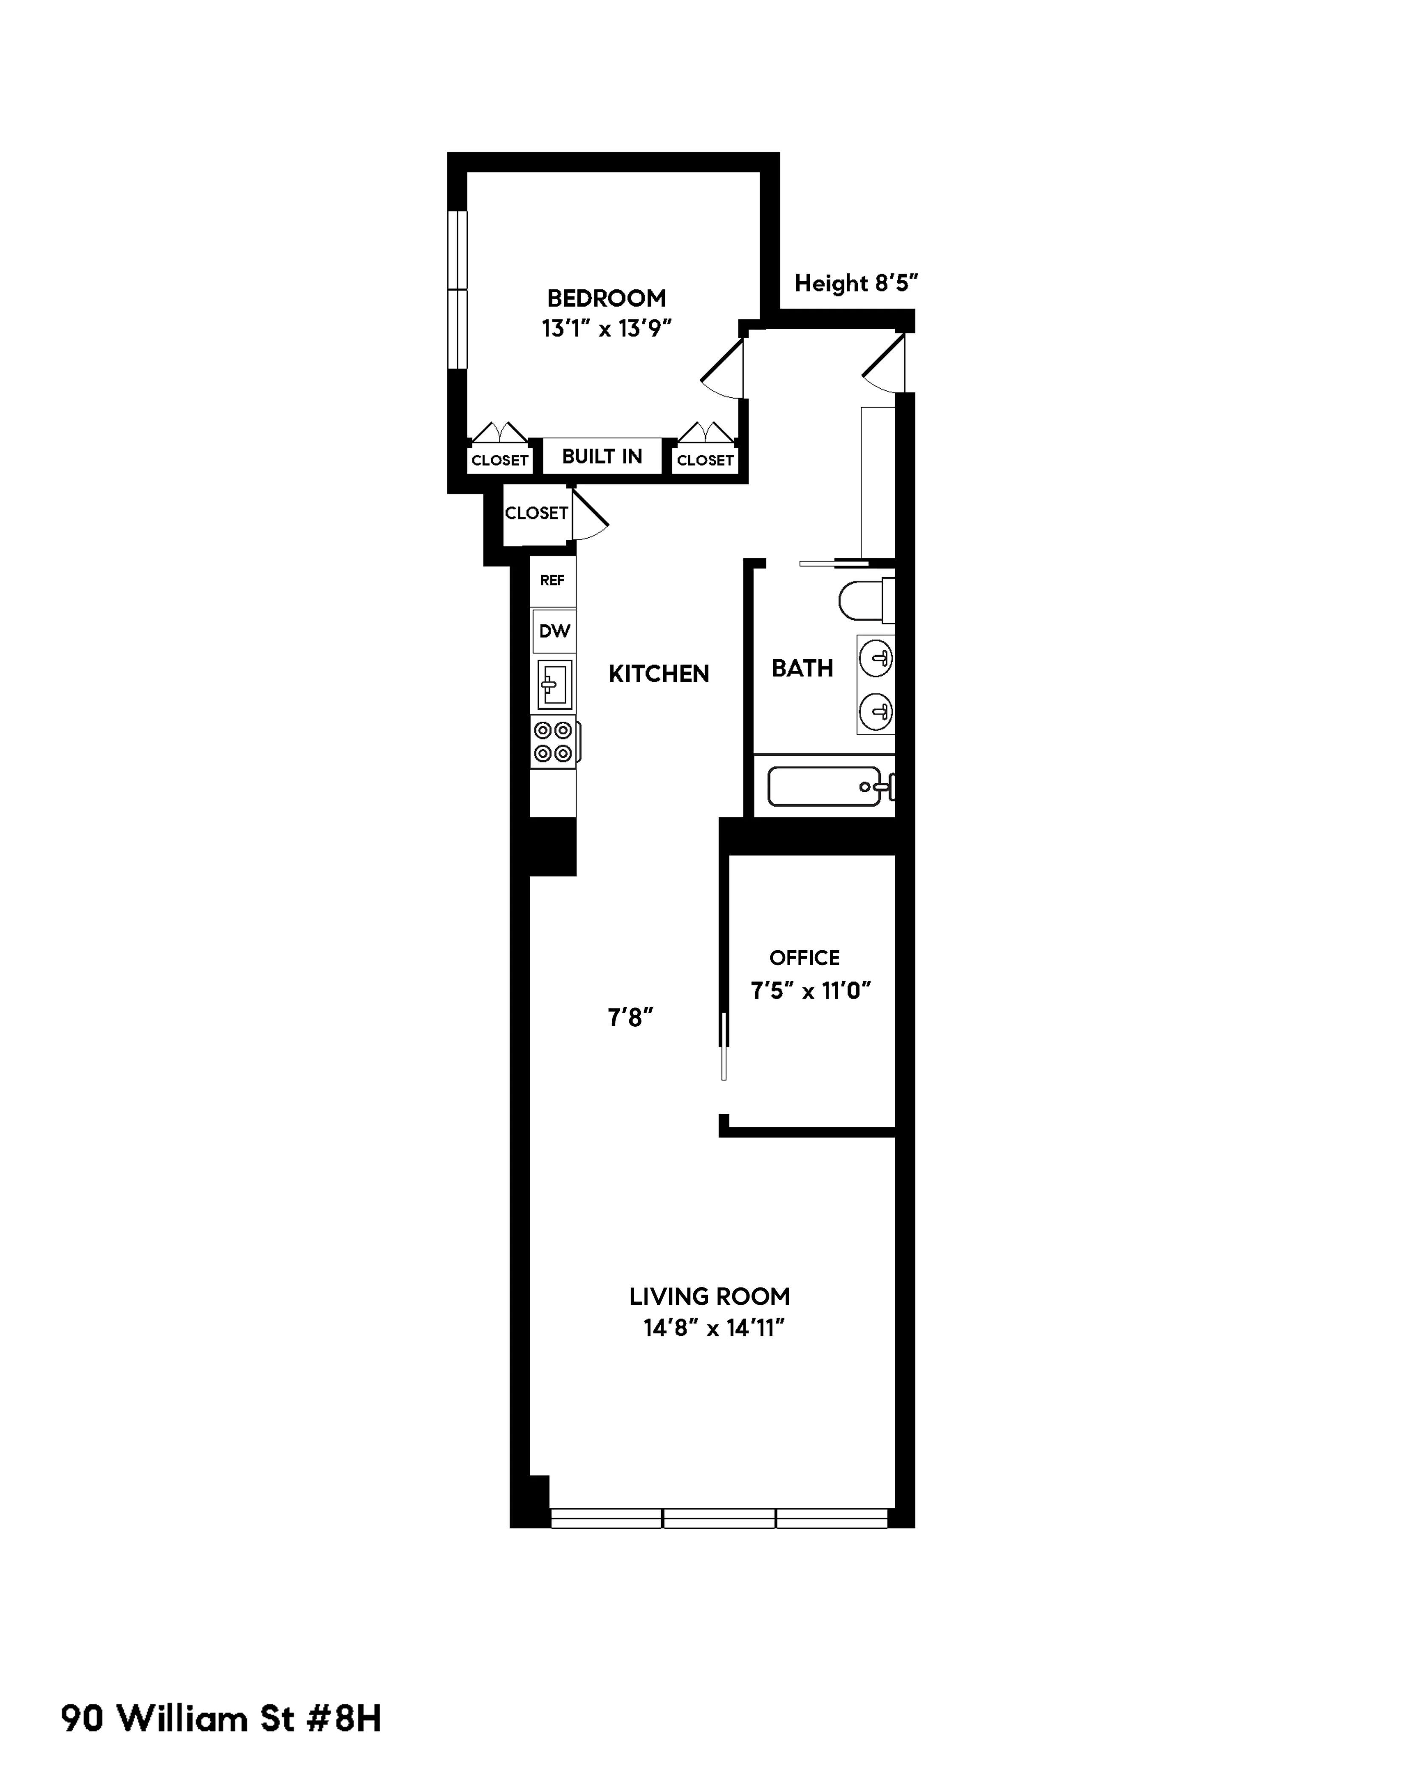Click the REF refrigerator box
click(x=552, y=580)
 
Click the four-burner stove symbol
click(x=553, y=741)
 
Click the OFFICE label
click(x=804, y=958)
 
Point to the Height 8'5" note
click(x=855, y=283)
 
